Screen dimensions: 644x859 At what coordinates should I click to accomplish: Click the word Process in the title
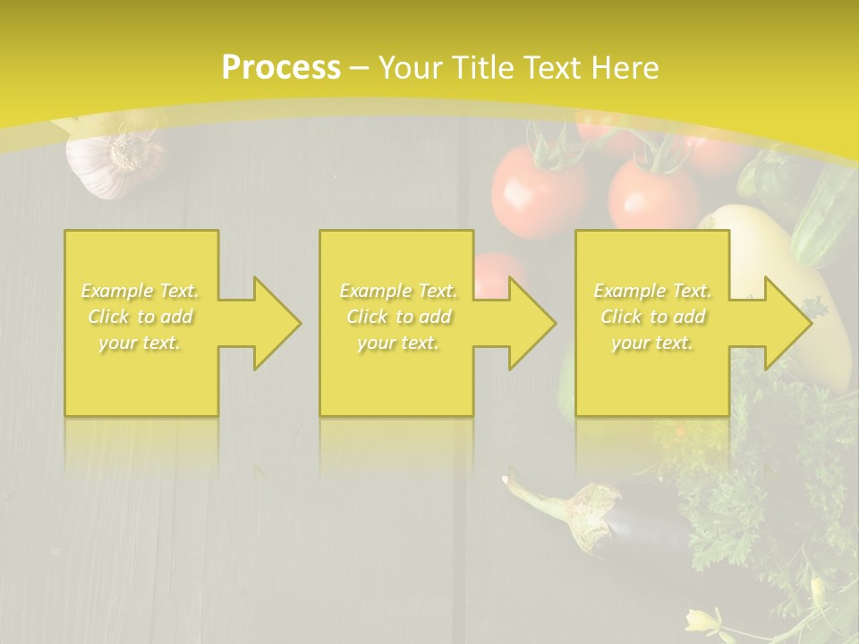[281, 68]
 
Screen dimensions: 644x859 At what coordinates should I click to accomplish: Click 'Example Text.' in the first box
[140, 291]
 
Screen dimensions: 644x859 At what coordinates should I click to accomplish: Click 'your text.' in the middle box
[398, 343]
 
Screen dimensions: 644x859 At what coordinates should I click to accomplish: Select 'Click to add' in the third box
[653, 317]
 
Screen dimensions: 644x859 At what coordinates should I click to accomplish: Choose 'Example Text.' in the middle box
[398, 291]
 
